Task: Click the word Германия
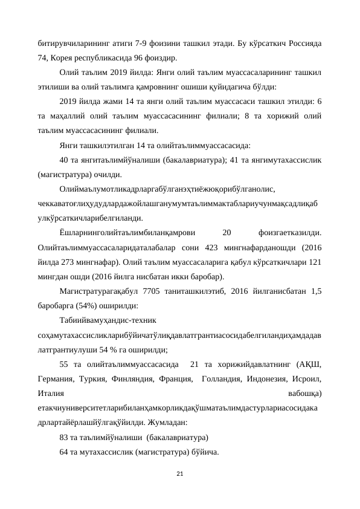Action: click(x=54, y=378)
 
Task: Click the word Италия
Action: click(x=51, y=392)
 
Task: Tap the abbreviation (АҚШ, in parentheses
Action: click(x=309, y=364)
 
